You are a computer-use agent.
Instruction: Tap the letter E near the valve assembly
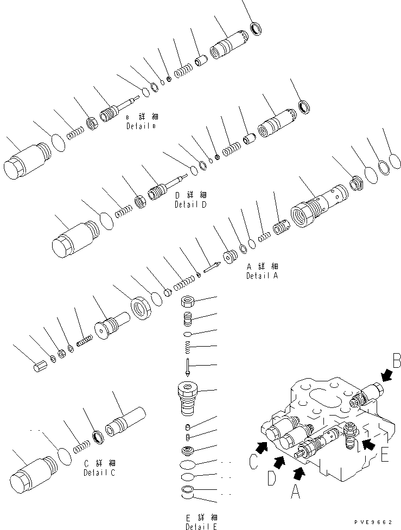pyautogui.click(x=384, y=455)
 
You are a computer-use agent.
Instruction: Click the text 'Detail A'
pyautogui.click(x=262, y=276)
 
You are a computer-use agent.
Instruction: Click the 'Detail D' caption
pyautogui.click(x=191, y=205)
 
